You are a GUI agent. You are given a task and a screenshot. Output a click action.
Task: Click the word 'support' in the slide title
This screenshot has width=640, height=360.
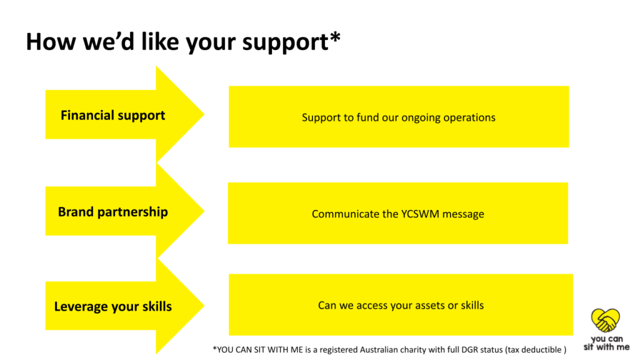(285, 43)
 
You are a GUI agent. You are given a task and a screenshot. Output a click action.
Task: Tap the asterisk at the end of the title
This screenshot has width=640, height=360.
(335, 37)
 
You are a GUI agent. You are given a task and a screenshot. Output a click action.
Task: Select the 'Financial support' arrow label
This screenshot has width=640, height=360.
(113, 116)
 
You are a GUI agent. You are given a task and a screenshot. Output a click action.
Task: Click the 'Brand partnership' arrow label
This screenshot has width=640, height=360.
(113, 212)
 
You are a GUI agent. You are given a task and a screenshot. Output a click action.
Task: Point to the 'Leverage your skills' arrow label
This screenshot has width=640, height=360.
(113, 306)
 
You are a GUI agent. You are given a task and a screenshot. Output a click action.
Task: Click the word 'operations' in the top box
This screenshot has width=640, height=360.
(469, 118)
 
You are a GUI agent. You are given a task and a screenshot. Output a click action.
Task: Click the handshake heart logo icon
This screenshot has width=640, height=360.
(605, 321)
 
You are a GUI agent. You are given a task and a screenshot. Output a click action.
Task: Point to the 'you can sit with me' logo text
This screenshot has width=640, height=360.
(606, 343)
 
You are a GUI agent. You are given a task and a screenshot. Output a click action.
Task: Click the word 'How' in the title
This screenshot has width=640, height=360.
(51, 42)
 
